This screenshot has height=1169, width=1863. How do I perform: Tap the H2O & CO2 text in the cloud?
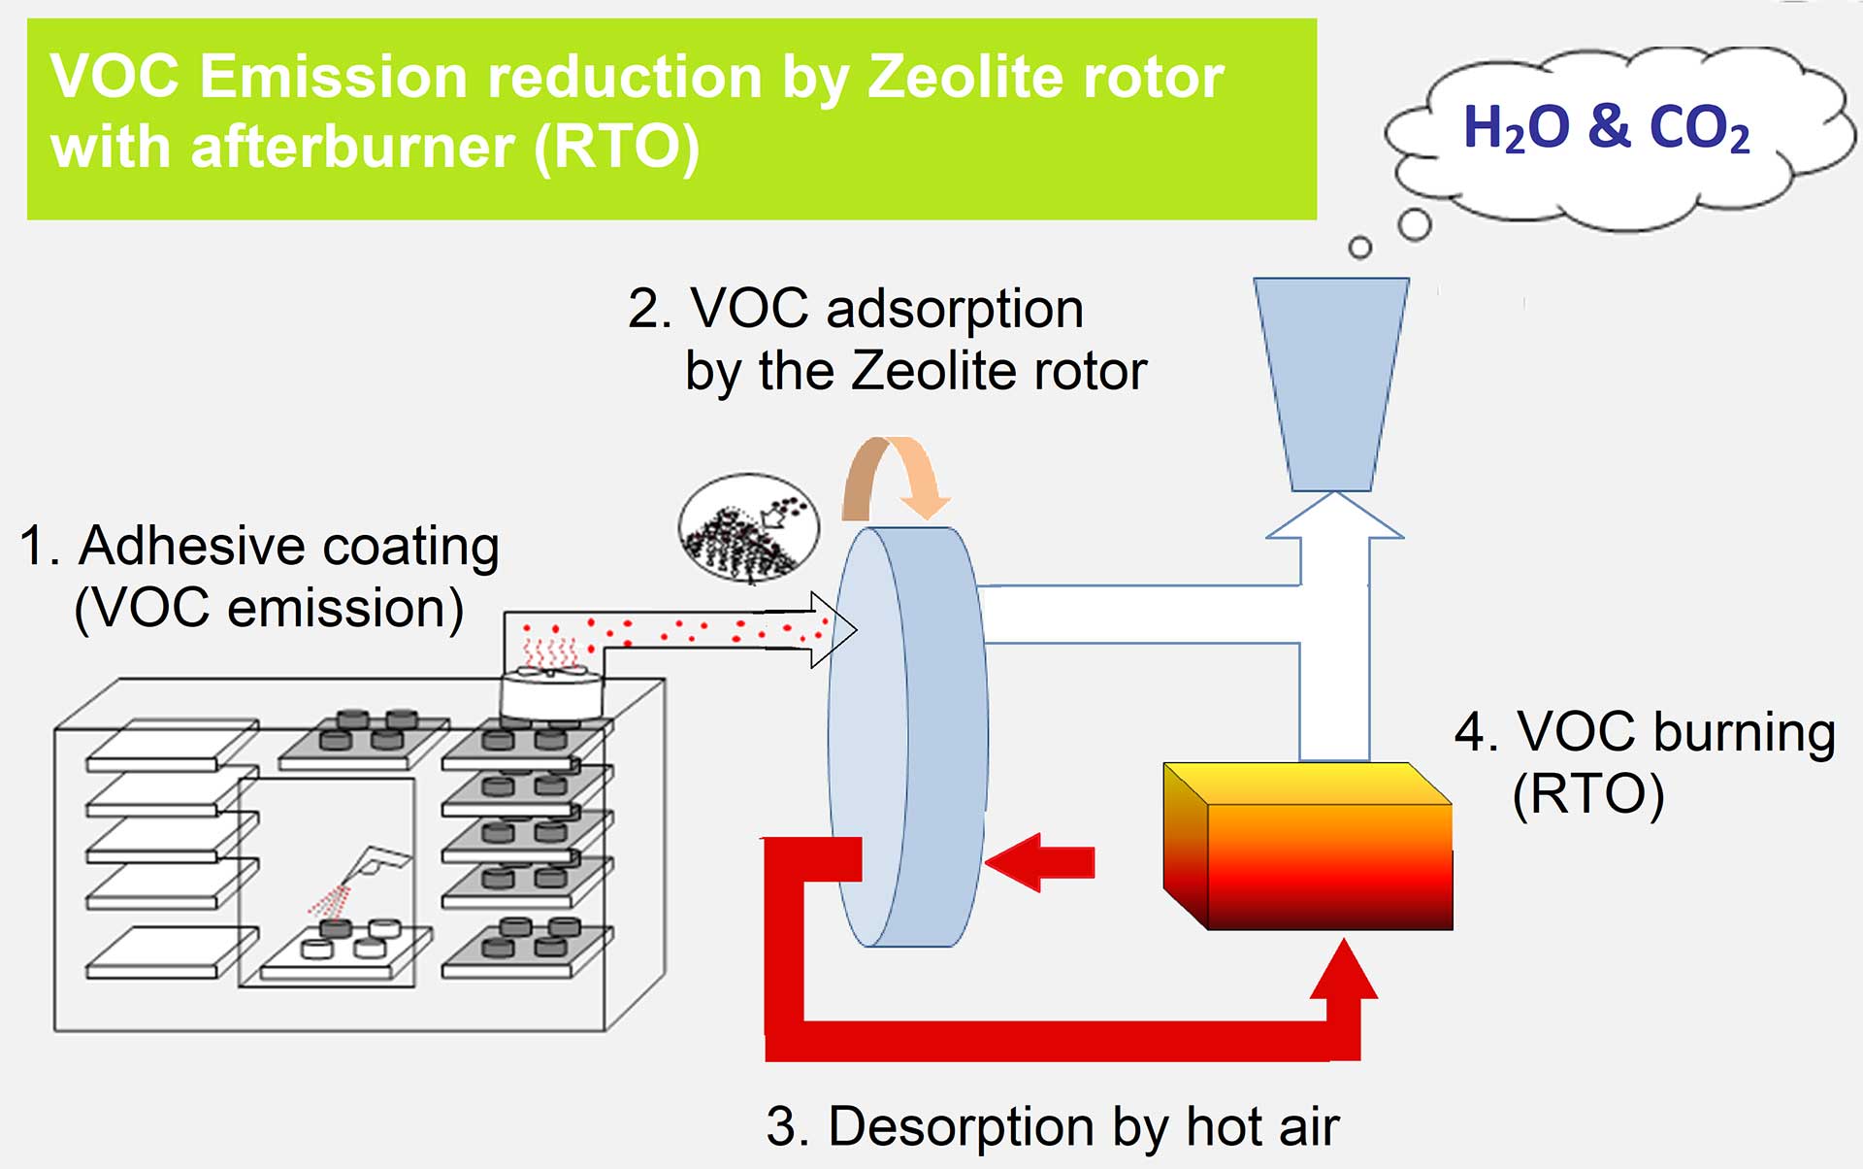(x=1606, y=128)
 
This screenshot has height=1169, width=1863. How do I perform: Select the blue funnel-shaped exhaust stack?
(x=1331, y=384)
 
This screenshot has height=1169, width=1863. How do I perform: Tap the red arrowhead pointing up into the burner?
(x=1344, y=971)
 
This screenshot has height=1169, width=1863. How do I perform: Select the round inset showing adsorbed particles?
(x=748, y=529)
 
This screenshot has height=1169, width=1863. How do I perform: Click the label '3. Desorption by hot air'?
(x=1052, y=1126)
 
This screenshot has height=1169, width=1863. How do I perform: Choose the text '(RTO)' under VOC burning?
(x=1587, y=794)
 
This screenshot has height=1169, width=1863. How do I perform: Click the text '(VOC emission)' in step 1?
(x=269, y=609)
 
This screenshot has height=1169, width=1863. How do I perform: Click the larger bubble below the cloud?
(x=1415, y=224)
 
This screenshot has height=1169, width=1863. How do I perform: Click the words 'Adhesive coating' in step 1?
(x=288, y=546)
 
